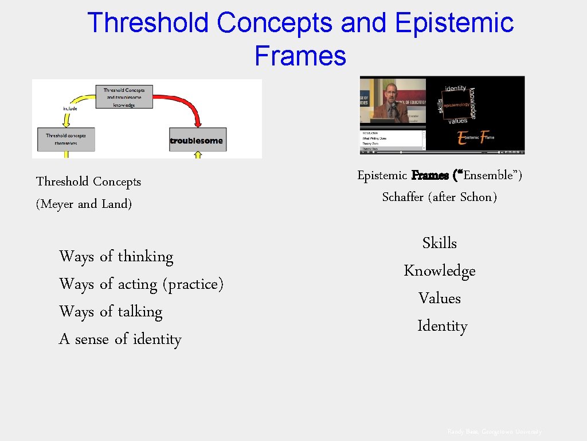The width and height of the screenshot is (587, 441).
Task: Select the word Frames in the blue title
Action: (x=300, y=56)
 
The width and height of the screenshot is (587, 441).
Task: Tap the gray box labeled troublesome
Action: (x=197, y=140)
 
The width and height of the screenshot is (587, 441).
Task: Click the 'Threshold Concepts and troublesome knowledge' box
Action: (x=124, y=97)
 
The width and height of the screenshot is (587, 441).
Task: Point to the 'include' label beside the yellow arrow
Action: (x=69, y=108)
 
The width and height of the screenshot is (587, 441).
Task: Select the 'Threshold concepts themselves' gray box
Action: (x=66, y=140)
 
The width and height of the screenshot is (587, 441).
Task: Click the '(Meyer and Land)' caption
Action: (x=84, y=204)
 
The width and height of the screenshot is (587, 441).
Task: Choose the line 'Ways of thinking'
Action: (x=116, y=256)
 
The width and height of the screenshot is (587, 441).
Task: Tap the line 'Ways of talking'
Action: (x=111, y=311)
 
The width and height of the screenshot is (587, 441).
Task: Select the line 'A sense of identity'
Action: (x=120, y=339)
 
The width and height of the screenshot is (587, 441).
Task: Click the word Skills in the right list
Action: (x=439, y=243)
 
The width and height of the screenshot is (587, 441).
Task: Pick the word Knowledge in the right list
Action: (x=439, y=270)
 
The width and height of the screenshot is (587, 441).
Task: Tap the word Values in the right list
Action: (x=439, y=298)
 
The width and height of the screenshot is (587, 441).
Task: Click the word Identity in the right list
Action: (x=442, y=326)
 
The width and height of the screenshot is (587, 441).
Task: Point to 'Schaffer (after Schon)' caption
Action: (x=439, y=197)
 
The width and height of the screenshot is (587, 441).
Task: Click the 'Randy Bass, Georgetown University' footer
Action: (x=494, y=431)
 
